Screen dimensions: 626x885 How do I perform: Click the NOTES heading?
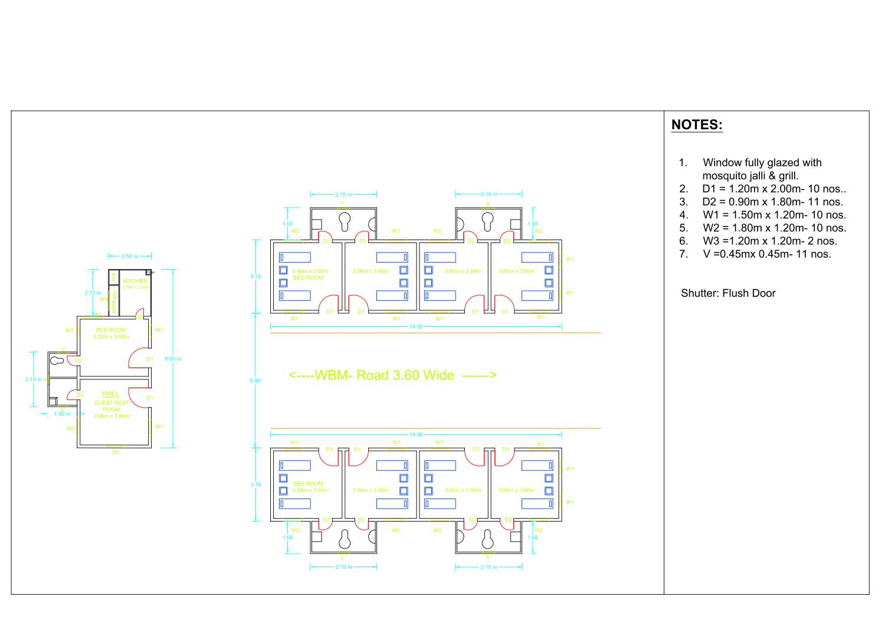point(697,125)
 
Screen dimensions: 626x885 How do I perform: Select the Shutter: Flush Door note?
point(728,293)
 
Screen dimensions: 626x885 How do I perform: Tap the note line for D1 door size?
point(773,189)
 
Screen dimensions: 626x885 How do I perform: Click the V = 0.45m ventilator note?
point(766,254)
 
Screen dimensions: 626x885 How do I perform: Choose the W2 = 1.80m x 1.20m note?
point(774,228)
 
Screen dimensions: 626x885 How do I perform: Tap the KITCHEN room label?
point(135,281)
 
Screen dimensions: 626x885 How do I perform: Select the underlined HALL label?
point(110,394)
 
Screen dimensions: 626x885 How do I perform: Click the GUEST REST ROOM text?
point(111,406)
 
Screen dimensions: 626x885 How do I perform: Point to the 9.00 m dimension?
point(173,359)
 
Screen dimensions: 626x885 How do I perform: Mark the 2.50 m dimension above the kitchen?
point(130,257)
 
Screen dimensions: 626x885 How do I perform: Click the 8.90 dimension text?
point(255,381)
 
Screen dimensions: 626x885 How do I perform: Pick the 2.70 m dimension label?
point(93,293)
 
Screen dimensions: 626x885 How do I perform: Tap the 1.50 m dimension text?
point(62,414)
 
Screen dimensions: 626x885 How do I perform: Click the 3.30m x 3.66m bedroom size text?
point(111,337)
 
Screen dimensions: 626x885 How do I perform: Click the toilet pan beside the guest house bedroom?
point(57,359)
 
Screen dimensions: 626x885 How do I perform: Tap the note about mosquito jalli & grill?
point(750,176)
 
